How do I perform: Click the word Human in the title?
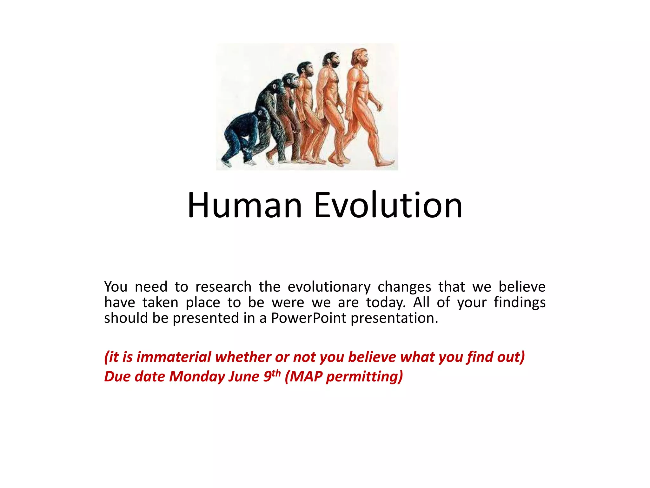[244, 206]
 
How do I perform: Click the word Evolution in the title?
[388, 206]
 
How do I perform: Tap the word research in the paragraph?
[223, 287]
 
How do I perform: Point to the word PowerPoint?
[308, 318]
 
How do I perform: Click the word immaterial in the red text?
[174, 357]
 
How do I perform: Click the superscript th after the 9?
[276, 373]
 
